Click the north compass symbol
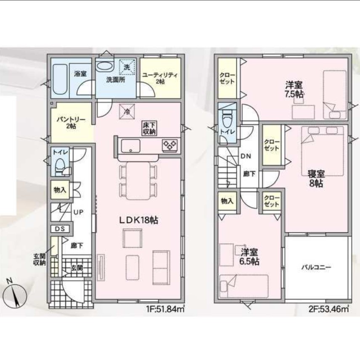[x=15, y=294]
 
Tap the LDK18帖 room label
[x=138, y=220]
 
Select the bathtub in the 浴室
[x=60, y=79]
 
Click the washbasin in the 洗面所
[x=105, y=66]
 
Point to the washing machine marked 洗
[x=127, y=67]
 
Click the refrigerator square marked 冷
[x=127, y=111]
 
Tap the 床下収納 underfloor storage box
[x=149, y=129]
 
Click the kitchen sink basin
[x=131, y=146]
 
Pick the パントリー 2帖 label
[x=71, y=123]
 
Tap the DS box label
[x=60, y=229]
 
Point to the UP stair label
[x=78, y=212]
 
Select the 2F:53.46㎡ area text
[x=329, y=309]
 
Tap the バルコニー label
[x=316, y=268]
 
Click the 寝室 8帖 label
[x=316, y=178]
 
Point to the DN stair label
[x=246, y=156]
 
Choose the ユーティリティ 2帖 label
[x=160, y=78]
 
